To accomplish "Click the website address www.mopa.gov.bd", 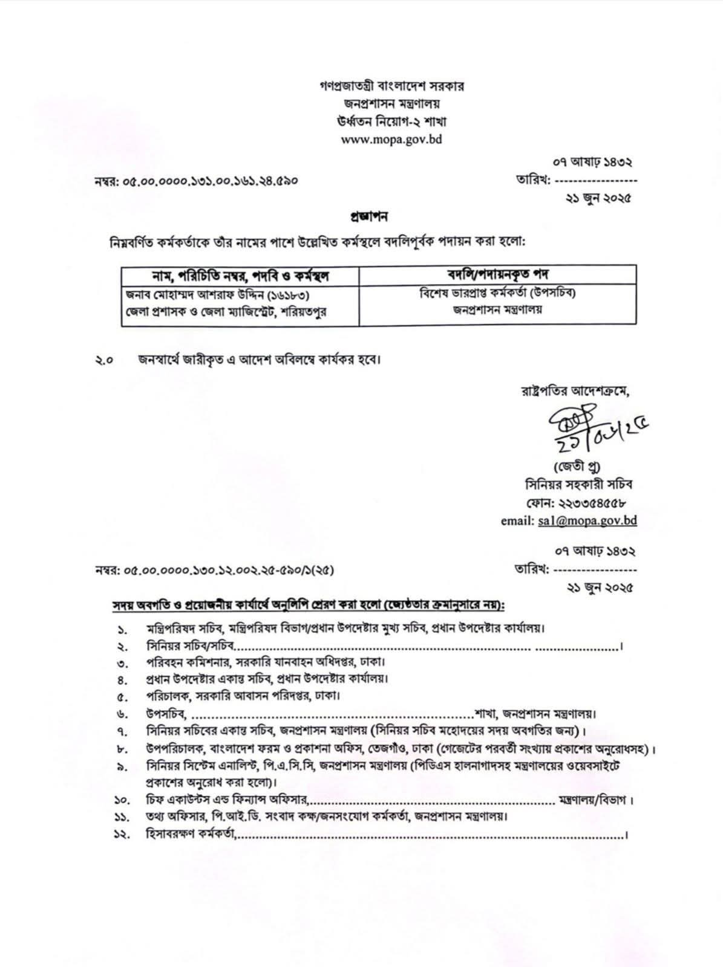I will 391,140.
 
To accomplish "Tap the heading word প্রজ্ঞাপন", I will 368,216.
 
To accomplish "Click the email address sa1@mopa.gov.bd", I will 587,520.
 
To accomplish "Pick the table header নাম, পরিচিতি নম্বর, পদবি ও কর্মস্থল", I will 240,277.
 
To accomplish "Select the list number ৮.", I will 121,750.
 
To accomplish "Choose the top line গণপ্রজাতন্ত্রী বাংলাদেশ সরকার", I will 391,86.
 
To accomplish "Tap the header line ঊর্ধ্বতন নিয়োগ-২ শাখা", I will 391,122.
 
